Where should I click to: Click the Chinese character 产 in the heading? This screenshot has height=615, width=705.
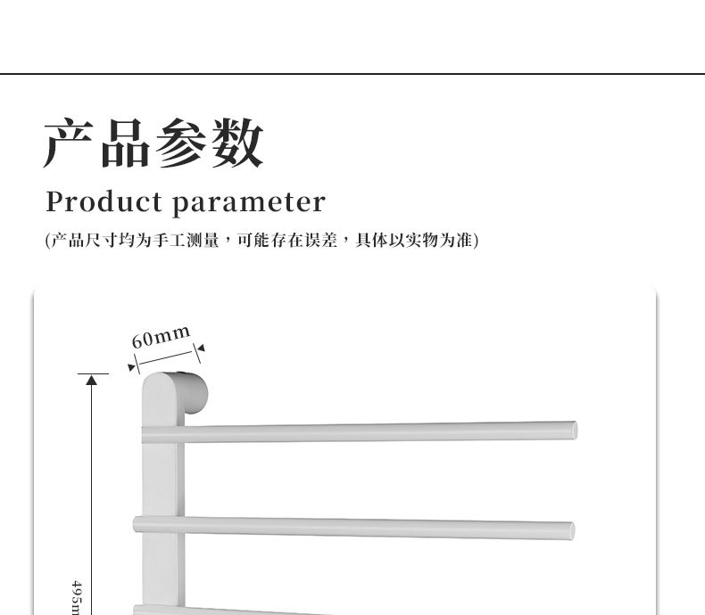(70, 143)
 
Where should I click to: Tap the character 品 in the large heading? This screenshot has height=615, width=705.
(125, 143)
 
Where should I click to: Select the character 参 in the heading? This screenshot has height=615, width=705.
(181, 143)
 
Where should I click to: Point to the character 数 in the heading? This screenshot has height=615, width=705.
(237, 143)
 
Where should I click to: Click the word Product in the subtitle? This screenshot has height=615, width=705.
(102, 202)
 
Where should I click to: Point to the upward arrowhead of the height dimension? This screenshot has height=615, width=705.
(91, 380)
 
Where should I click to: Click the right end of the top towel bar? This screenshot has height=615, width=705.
(570, 430)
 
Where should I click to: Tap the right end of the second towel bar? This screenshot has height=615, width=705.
(568, 529)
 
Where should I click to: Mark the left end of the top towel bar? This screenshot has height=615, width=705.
(149, 436)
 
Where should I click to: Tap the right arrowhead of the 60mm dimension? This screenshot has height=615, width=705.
(200, 348)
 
